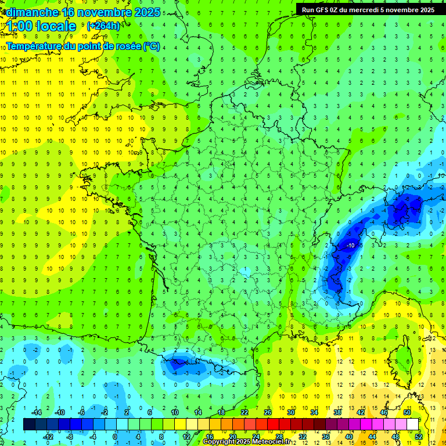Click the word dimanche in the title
tap(33, 12)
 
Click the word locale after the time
tap(56, 26)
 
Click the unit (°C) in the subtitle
tap(151, 46)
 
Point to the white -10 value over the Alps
tap(350, 246)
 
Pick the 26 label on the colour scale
tap(268, 412)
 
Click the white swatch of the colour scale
tap(413, 424)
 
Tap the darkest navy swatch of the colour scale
tap(29, 424)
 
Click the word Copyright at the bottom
tap(220, 442)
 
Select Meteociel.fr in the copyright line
tap(272, 442)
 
